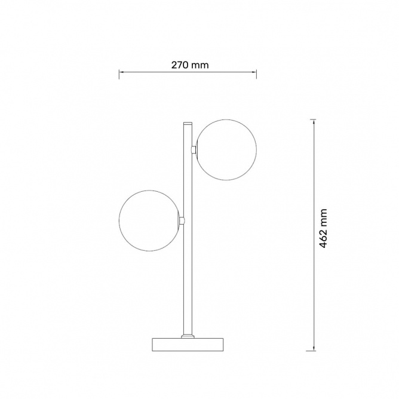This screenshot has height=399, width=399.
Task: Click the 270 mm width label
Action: (190, 65)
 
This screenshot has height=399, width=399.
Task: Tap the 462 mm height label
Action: (323, 228)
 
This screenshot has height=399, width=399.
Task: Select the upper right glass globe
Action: (226, 150)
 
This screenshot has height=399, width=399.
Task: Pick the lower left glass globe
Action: (150, 220)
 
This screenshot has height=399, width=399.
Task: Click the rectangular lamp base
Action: (188, 345)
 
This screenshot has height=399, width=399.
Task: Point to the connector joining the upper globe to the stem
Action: (194, 149)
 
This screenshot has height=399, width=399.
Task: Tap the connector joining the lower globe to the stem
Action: (182, 220)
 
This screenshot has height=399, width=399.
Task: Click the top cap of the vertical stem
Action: (188, 124)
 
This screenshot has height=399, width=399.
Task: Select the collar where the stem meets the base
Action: (188, 336)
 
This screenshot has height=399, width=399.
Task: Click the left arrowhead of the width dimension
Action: (121, 72)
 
